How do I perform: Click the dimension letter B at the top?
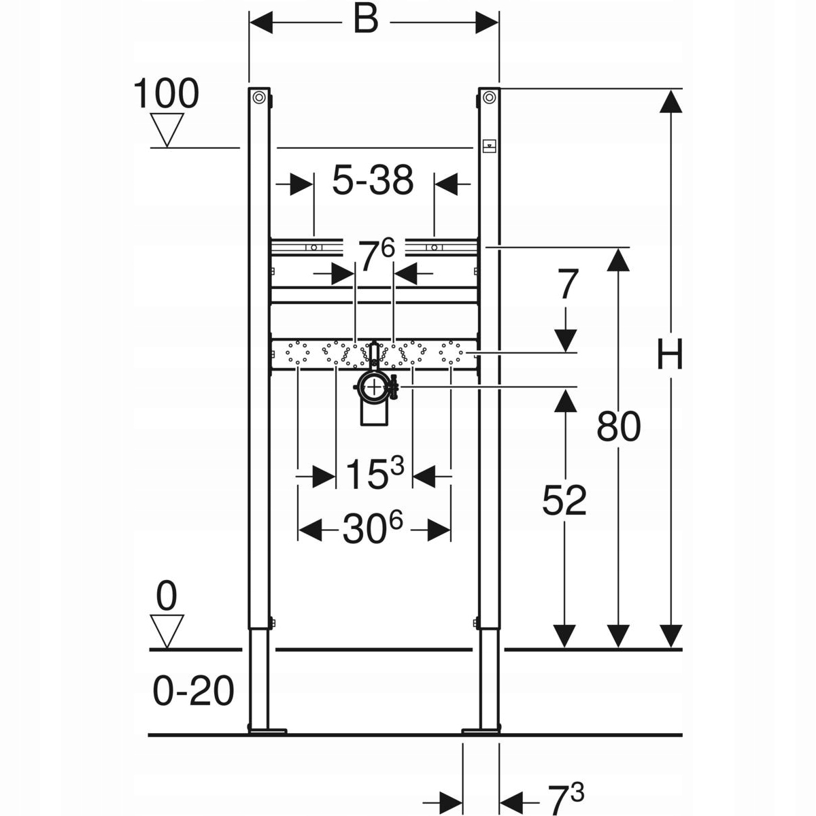[365, 20]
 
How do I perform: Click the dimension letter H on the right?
[670, 355]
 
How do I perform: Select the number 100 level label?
[165, 94]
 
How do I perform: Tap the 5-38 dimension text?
[373, 181]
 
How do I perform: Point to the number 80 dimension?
[619, 427]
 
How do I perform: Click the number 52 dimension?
[564, 501]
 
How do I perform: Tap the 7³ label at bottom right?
[566, 800]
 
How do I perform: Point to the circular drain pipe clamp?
[374, 388]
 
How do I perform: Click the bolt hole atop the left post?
[259, 98]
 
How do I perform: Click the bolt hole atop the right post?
[489, 98]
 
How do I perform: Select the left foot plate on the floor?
[267, 731]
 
